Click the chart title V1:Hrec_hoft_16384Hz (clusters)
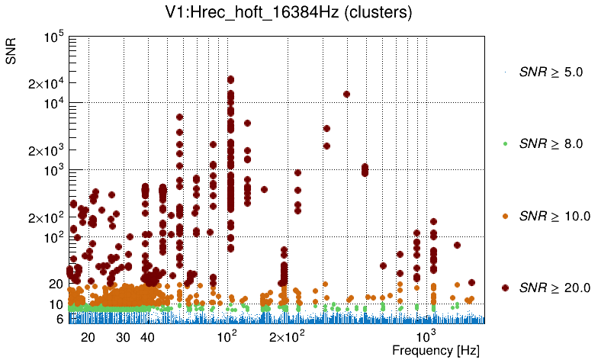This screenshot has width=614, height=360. [306, 12]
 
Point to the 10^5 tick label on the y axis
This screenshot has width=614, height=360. [53, 37]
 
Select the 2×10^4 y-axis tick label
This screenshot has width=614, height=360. [46, 83]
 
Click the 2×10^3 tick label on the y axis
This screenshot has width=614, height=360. [46, 150]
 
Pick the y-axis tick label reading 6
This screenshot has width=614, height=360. [59, 320]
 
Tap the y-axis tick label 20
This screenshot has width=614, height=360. [56, 284]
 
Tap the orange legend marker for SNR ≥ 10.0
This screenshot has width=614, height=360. [506, 216]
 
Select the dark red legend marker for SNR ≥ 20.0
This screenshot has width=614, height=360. [506, 288]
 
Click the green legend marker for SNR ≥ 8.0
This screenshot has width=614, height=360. [506, 144]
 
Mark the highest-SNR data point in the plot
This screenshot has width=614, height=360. [230, 79]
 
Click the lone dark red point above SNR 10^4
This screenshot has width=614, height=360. [346, 95]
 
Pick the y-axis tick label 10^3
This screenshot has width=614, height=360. [53, 170]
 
